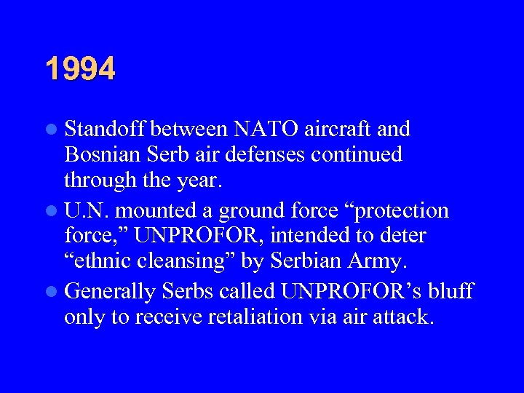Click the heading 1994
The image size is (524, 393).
pyautogui.click(x=80, y=70)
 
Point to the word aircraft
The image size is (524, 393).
pyautogui.click(x=340, y=130)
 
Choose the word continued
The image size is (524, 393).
pyautogui.click(x=360, y=155)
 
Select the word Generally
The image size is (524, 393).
pyautogui.click(x=110, y=292)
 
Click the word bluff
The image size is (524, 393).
pyautogui.click(x=450, y=292)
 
